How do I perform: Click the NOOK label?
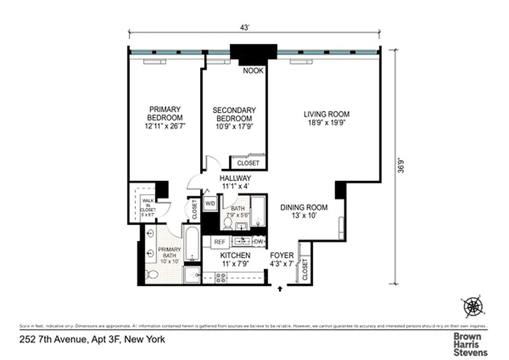point(253,71)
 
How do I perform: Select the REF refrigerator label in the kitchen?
point(219,242)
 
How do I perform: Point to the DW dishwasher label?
point(259,242)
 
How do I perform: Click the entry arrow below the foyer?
point(281,288)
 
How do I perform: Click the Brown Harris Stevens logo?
point(470,344)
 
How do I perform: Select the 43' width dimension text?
point(245,27)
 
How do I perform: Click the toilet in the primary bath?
point(152,274)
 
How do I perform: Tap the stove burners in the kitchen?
point(221,278)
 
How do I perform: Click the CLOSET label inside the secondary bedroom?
point(248,163)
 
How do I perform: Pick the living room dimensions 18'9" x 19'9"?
point(326,122)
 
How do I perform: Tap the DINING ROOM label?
point(304,207)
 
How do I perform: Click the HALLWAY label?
point(235,178)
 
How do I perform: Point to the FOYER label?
point(281,256)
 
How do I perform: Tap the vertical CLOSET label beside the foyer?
point(305,269)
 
